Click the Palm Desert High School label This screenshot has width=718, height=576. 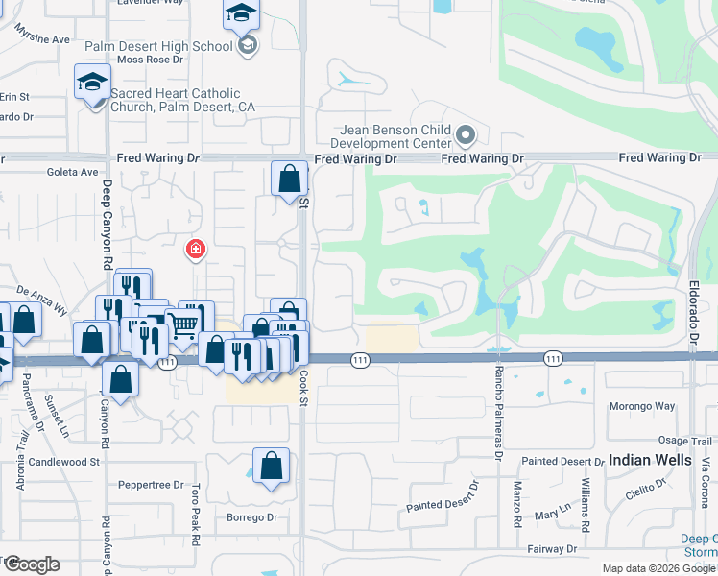pos(158,46)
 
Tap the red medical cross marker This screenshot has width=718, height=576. pos(195,250)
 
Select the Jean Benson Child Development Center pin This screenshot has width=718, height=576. pos(467,135)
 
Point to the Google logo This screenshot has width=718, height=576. pos(31,564)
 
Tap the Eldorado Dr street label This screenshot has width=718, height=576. pos(691,306)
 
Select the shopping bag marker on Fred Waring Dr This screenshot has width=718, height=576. pos(289,179)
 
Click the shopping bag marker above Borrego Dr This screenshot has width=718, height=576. pos(272,467)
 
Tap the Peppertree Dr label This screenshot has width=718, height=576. pos(151,485)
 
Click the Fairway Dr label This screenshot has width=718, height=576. pos(552,549)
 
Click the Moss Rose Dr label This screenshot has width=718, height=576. pos(149,60)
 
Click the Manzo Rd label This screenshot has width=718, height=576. pos(517,505)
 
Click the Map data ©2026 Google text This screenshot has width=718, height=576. pos(658,568)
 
